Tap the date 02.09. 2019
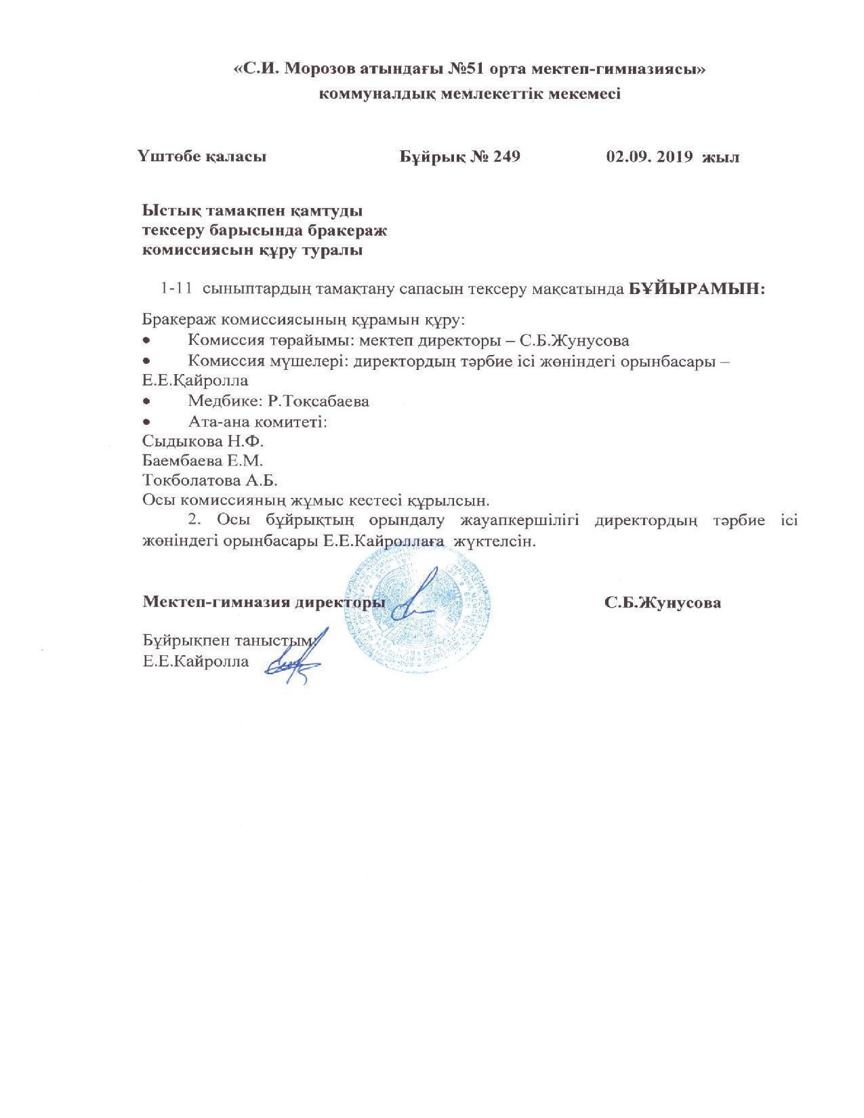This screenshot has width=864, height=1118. pos(650,157)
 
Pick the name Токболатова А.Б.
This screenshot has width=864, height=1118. pos(210,480)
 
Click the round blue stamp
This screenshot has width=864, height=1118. pos(418,608)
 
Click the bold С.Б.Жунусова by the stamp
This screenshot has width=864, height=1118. pos(663,602)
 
